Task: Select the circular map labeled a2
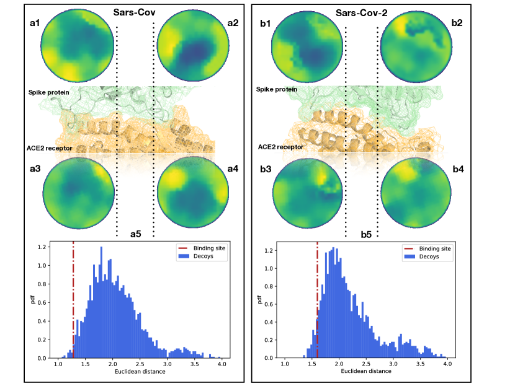point(192,47)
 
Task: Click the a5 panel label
point(135,234)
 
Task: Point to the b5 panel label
point(366,235)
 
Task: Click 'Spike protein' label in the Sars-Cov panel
point(48,92)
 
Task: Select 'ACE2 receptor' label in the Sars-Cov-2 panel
point(281,147)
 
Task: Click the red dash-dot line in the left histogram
point(73,297)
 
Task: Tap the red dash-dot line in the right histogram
point(317,297)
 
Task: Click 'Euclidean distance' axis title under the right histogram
point(365,371)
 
